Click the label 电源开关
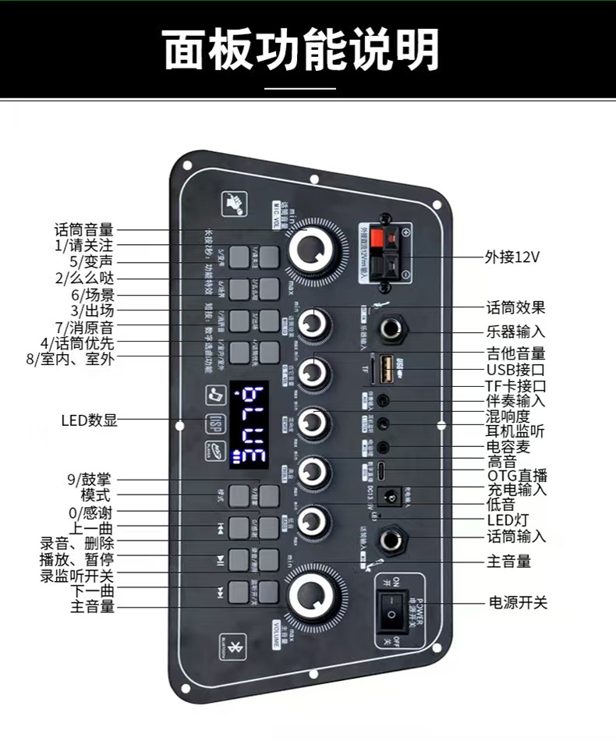(x=518, y=602)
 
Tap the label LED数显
(x=90, y=420)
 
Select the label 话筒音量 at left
(x=84, y=229)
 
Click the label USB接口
(x=516, y=370)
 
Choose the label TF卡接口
(x=516, y=385)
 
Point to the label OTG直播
(x=518, y=476)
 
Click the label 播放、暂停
(x=77, y=560)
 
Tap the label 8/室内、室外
(x=69, y=360)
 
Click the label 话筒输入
(x=516, y=537)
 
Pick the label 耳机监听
(x=516, y=431)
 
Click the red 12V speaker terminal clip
(x=385, y=238)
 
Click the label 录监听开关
(x=77, y=576)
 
